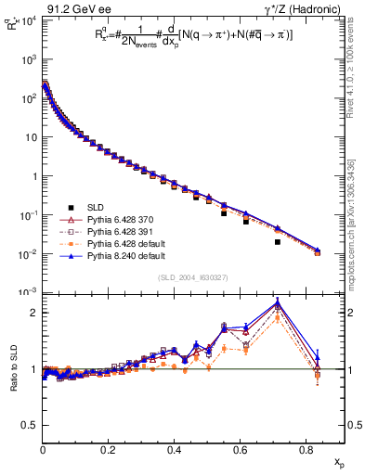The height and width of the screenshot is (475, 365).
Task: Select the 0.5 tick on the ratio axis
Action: [31, 425]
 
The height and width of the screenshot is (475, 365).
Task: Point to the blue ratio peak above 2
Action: [278, 302]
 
